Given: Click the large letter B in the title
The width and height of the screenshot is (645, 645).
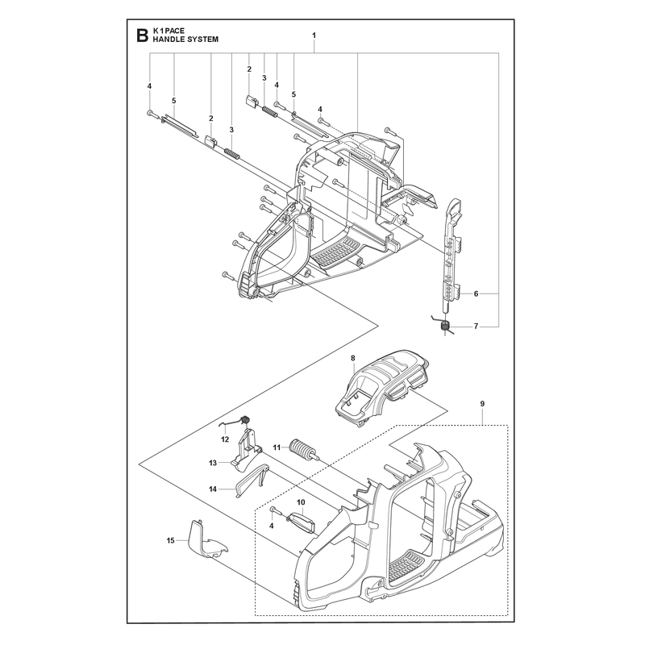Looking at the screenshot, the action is pyautogui.click(x=142, y=35).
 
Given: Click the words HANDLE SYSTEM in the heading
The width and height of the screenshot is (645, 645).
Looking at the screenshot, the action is pyautogui.click(x=185, y=40).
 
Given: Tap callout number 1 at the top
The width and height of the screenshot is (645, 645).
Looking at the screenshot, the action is pyautogui.click(x=314, y=35).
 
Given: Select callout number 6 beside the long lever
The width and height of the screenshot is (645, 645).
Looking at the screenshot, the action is pyautogui.click(x=476, y=293).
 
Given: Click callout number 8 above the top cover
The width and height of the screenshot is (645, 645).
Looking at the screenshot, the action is pyautogui.click(x=353, y=358).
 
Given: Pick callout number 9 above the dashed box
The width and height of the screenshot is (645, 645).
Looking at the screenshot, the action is pyautogui.click(x=482, y=404).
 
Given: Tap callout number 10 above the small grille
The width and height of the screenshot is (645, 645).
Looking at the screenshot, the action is pyautogui.click(x=301, y=502).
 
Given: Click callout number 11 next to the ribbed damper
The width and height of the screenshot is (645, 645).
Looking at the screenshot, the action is pyautogui.click(x=277, y=447).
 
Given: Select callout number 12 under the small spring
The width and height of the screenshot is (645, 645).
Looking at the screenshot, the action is pyautogui.click(x=225, y=439).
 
